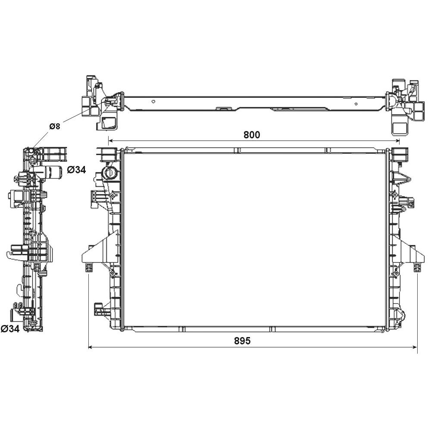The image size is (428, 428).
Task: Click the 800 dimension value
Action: pos(252,134)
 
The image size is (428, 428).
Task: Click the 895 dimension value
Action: pos(242,341)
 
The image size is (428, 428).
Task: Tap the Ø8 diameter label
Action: pos(55,126)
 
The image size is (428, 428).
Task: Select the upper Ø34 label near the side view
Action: pos(76,170)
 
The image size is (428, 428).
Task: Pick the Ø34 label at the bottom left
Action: pos(10,328)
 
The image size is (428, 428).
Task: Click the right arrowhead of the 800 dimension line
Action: pos(397,141)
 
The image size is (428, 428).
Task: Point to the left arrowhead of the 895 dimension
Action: pos(91,347)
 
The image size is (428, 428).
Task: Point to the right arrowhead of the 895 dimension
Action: pos(415,347)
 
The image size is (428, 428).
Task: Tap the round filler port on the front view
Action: pos(110,173)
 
